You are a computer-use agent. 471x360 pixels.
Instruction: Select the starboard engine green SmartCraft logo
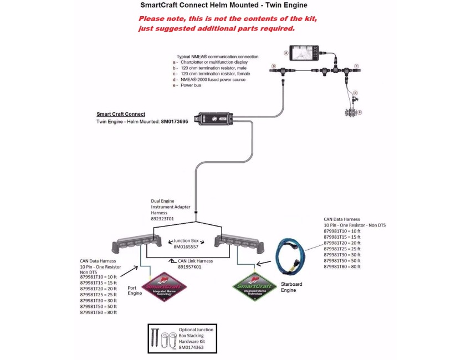[255, 284]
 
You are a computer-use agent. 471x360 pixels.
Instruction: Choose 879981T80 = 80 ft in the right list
[342, 266]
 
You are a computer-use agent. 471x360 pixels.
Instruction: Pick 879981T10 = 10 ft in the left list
[99, 276]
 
